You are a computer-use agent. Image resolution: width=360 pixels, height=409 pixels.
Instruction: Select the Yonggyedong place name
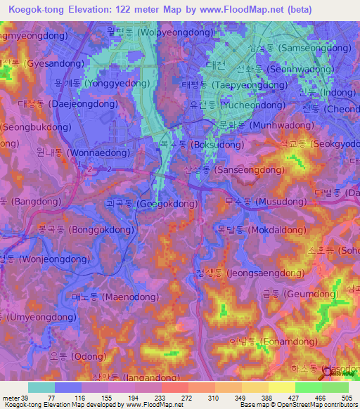pyautogui.click(x=102, y=83)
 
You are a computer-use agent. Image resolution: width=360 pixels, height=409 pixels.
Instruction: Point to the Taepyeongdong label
pyautogui.click(x=229, y=84)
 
